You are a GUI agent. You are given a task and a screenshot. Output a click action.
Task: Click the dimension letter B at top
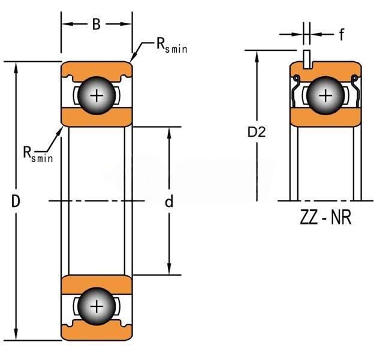(x=96, y=25)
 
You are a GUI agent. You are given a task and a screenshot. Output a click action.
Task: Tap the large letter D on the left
(x=16, y=202)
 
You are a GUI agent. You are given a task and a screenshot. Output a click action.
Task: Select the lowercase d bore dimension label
(x=169, y=202)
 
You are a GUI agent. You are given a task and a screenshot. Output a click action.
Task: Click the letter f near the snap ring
(x=341, y=35)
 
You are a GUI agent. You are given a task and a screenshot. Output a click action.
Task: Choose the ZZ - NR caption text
(x=325, y=217)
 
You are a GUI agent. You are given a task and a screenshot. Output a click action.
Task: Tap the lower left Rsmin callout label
(x=38, y=153)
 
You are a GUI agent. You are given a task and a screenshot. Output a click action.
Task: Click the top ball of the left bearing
(x=96, y=95)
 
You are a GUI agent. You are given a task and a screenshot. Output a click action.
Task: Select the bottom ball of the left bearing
(x=96, y=307)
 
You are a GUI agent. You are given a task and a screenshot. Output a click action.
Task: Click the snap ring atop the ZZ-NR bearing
(x=307, y=59)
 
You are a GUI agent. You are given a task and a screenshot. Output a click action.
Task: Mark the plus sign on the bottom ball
(x=96, y=307)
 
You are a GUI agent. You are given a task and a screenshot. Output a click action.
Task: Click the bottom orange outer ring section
(x=96, y=334)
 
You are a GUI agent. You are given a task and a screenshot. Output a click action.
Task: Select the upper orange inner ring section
(x=96, y=118)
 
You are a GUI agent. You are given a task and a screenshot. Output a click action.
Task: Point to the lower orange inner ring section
(x=96, y=283)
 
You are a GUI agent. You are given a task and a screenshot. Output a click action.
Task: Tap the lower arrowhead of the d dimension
(x=170, y=269)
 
